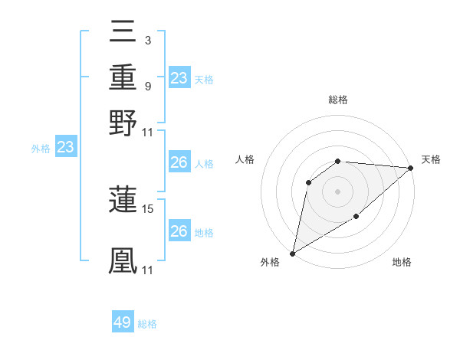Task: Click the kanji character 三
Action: tap(123, 33)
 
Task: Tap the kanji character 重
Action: tap(123, 77)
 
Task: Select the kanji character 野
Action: tap(123, 123)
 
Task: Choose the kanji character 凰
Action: tap(123, 260)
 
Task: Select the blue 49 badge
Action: tap(123, 322)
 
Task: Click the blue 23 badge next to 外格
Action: tap(65, 147)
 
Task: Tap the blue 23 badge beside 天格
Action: tap(179, 77)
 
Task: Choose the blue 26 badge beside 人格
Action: tap(179, 162)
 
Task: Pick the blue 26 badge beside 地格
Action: tap(179, 231)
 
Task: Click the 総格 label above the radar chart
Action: tap(337, 100)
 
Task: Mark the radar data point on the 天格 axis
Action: tap(411, 169)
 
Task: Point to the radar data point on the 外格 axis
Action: tap(292, 254)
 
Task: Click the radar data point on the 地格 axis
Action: tap(356, 218)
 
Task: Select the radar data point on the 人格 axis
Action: tap(309, 182)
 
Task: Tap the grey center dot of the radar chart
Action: tap(337, 191)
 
